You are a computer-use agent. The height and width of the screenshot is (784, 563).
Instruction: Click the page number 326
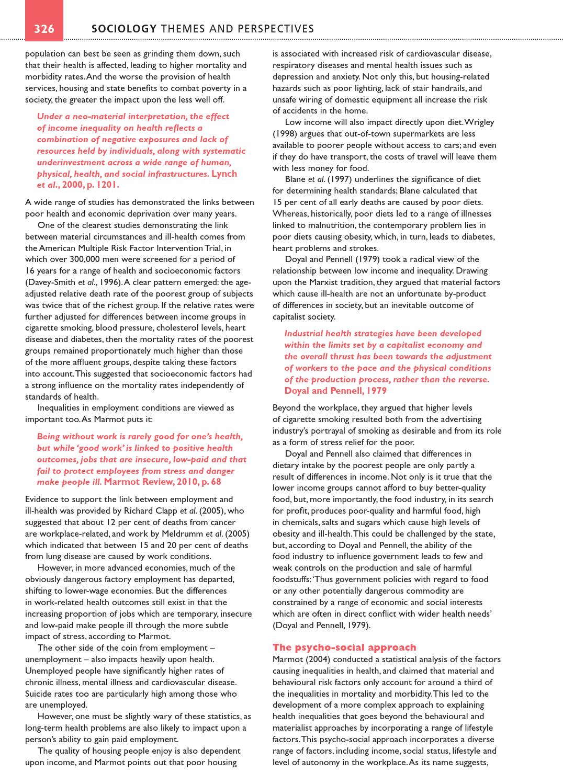tap(44, 29)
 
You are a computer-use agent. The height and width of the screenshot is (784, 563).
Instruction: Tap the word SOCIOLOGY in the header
tap(124, 29)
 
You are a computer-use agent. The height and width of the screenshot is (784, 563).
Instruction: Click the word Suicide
tap(39, 694)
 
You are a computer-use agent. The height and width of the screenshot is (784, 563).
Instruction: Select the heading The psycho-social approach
tap(344, 647)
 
